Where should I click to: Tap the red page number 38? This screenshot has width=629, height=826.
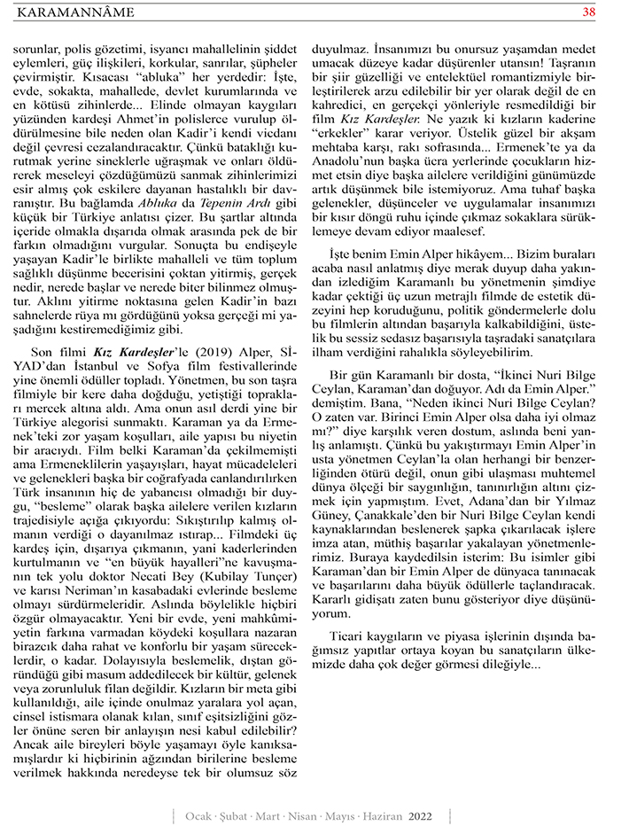click(588, 12)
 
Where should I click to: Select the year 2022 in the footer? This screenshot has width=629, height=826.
click(420, 814)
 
